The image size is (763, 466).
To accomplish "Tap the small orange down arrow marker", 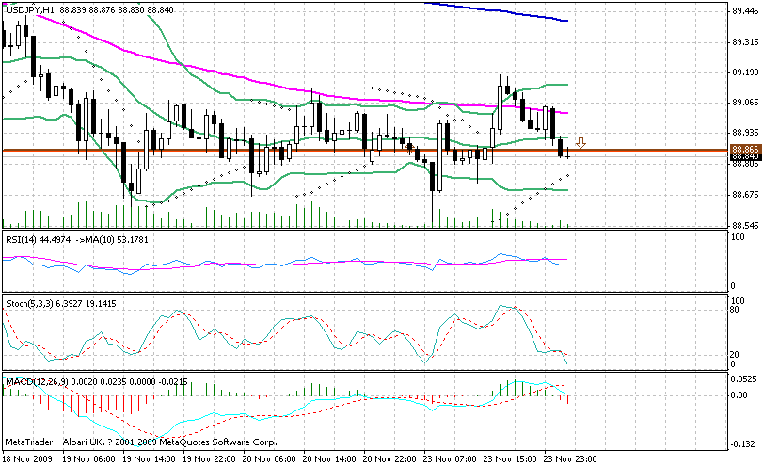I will pos(581,143).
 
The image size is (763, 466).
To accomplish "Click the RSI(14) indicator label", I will pos(21,239).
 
